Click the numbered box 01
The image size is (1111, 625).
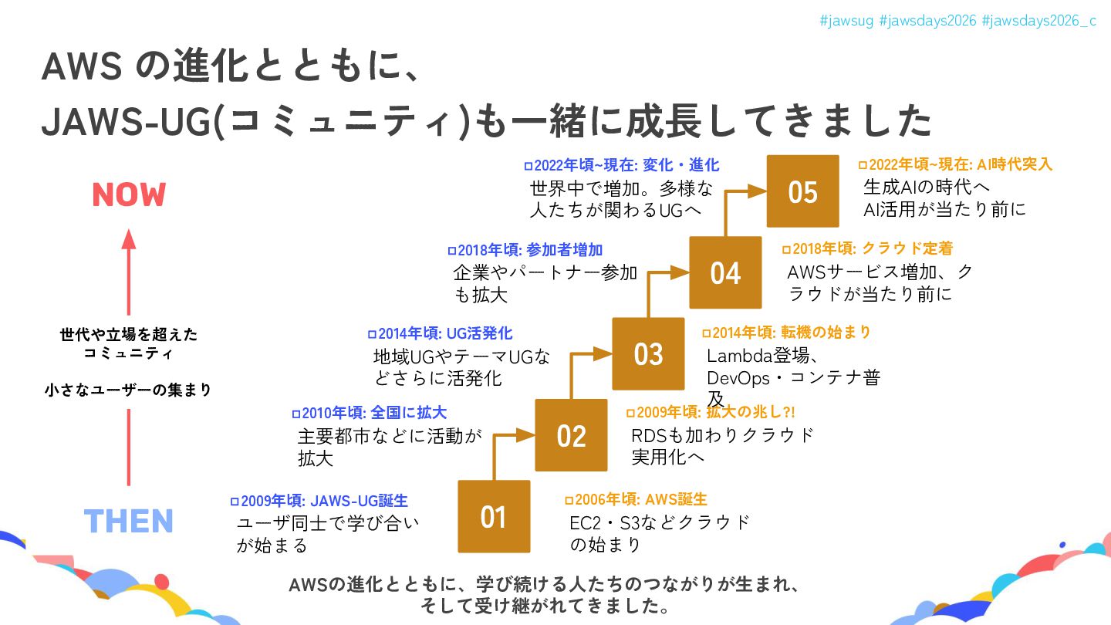pos(494,516)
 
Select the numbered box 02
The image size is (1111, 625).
pos(571,435)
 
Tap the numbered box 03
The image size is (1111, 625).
pos(648,353)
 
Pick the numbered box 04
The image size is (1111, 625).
pos(725,272)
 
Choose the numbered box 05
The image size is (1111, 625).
pos(802,191)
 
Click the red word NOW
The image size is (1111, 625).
pos(129,195)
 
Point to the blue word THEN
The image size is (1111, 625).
pos(129,522)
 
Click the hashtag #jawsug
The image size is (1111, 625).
pos(846,21)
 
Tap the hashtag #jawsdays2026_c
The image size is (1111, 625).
pos(1038,21)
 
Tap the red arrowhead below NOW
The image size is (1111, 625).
pos(129,240)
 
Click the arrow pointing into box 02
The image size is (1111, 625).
pos(525,435)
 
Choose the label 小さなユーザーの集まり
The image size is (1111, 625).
pos(128,390)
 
